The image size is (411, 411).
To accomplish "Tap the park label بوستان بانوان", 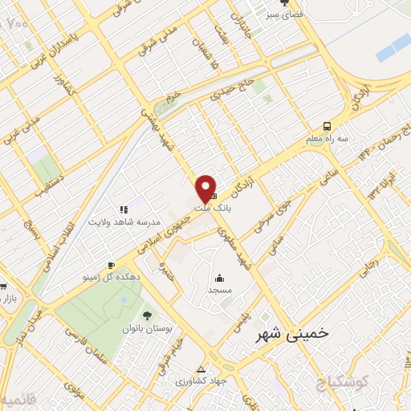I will coord(149,329).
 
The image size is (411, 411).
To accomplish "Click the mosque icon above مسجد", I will coord(217,276).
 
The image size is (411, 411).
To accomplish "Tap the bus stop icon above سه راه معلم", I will coord(327,125).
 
